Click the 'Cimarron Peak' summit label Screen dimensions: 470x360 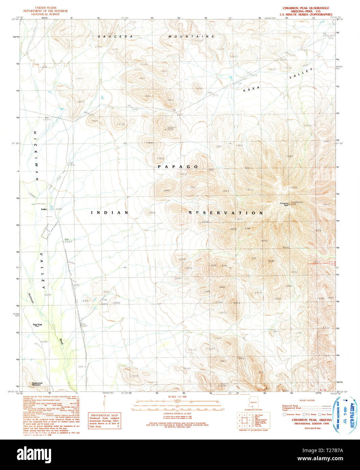tap(284, 204)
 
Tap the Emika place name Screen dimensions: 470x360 tap(43, 209)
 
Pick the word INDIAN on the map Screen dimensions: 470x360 tap(110, 213)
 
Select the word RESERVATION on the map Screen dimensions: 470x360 tap(226, 213)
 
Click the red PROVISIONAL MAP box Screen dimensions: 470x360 tap(105, 420)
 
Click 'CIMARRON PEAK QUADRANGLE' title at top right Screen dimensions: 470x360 tap(306, 8)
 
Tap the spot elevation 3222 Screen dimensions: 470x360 tap(290, 156)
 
